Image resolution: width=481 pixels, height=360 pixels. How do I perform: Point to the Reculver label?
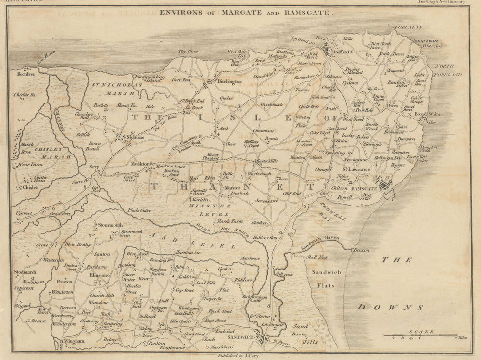click(x=22, y=76)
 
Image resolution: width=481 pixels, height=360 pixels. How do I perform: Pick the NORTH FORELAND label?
click(x=448, y=71)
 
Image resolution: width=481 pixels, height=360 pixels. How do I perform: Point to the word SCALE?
click(x=421, y=331)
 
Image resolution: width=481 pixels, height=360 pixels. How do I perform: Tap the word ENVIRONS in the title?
click(x=179, y=13)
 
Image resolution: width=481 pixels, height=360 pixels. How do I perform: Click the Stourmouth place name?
click(x=110, y=225)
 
